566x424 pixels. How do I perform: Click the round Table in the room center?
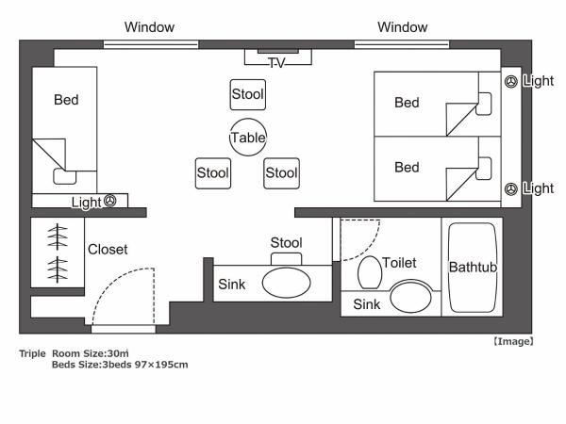[x=248, y=138]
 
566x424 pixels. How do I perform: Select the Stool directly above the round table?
[x=247, y=95]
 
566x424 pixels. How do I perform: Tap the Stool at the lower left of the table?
[x=213, y=172]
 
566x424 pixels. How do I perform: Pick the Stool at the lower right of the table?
[x=281, y=172]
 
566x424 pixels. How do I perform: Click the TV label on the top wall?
[x=276, y=63]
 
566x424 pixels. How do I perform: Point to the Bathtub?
[x=473, y=268]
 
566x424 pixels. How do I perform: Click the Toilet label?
[x=399, y=263]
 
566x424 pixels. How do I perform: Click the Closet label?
[x=108, y=250]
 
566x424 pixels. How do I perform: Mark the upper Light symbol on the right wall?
[x=511, y=82]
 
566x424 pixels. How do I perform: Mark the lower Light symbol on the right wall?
[x=511, y=189]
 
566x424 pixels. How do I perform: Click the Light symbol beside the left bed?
[x=109, y=201]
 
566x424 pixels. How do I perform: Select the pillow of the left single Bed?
[x=65, y=175]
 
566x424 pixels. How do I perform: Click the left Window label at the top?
[x=150, y=27]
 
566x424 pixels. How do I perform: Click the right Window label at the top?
[x=402, y=27]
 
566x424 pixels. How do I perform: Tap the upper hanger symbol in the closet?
[x=58, y=235]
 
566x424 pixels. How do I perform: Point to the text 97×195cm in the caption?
[x=161, y=364]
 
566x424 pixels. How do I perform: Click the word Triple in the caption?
[x=32, y=353]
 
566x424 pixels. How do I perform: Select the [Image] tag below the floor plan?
[x=512, y=340]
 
